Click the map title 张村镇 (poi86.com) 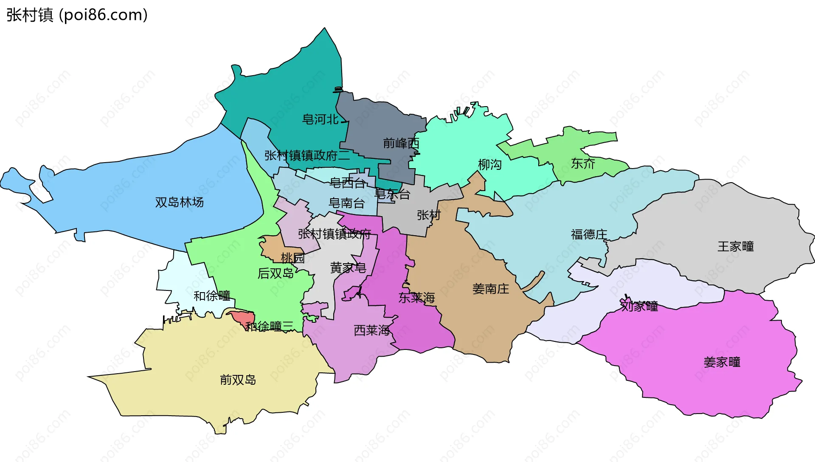pos(77,15)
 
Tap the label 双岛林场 pos(179,202)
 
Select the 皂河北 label pos(320,119)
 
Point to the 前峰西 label pos(401,143)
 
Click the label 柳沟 pos(490,164)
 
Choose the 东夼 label pos(583,163)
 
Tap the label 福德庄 pos(589,234)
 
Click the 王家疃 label pos(736,246)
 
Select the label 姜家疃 pos(722,362)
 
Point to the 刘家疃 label pos(639,306)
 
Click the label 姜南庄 pos(490,289)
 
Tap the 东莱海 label pos(417,298)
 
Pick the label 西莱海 pos(371,330)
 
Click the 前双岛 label pos(238,380)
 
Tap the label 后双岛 pos(275,273)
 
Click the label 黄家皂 pos(348,268)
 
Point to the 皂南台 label pos(346,203)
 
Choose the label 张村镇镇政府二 pos(307,155)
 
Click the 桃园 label pos(292,258)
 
